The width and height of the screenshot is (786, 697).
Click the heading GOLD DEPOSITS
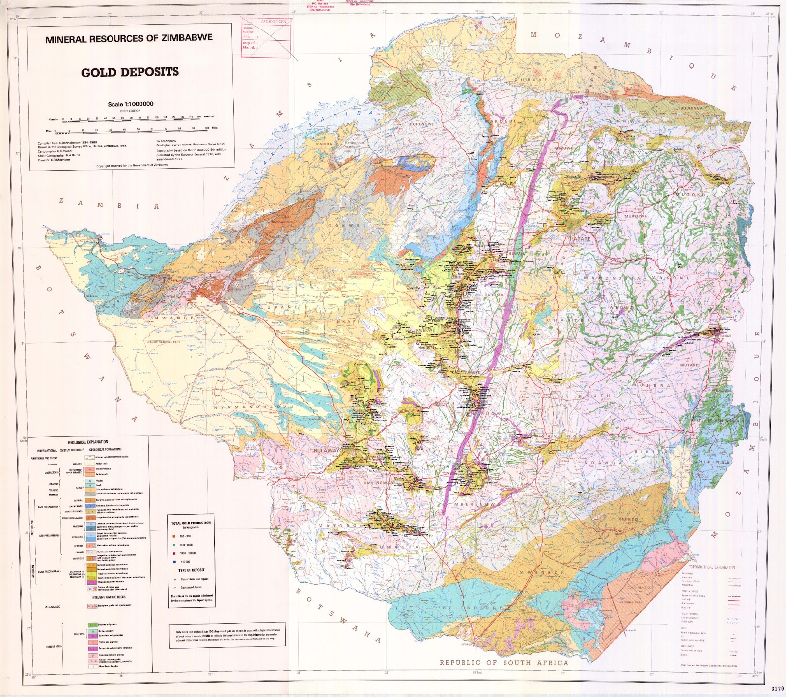coord(130,72)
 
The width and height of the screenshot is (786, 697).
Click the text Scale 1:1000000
coord(131,104)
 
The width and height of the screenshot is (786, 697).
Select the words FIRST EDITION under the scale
coord(130,111)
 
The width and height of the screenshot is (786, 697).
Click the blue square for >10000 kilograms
coord(174,562)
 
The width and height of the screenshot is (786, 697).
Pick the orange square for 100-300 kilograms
coord(174,536)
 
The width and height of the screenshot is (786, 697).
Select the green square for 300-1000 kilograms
coord(174,545)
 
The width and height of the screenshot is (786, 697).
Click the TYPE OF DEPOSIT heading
coord(192,570)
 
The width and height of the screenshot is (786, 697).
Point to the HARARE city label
coord(580,239)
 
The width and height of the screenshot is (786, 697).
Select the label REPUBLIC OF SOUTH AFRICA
coord(504,662)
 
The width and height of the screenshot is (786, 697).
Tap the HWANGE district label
coord(174,318)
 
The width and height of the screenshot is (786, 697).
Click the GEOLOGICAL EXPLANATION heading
coord(88,442)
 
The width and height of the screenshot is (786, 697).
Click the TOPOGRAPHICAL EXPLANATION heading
coord(712,567)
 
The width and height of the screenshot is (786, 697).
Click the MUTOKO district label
coord(692,195)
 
